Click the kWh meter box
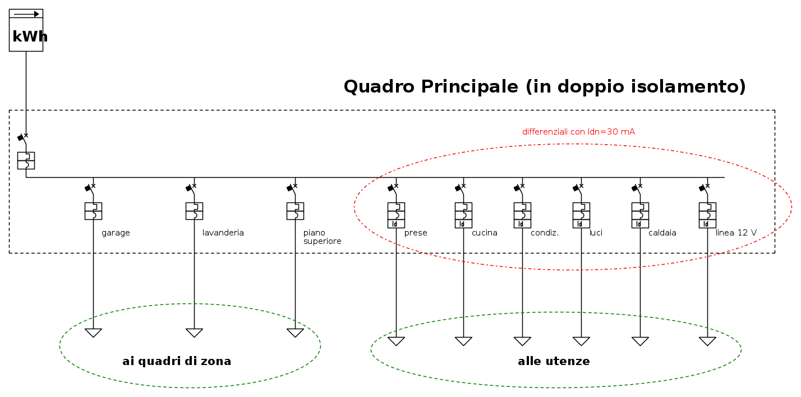pos(26,30)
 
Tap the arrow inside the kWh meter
pos(26,14)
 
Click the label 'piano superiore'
pos(322,237)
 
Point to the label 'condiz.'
pos(545,233)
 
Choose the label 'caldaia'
pos(662,233)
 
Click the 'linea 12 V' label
pos(736,233)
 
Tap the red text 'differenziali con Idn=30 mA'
pos(578,132)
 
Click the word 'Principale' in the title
pos(469,87)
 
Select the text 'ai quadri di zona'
pos(177,361)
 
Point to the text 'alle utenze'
pos(554,361)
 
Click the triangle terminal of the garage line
pos(93,333)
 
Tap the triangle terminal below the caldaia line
pos(640,341)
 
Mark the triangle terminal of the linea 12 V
pos(707,341)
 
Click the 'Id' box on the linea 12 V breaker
pos(707,224)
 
